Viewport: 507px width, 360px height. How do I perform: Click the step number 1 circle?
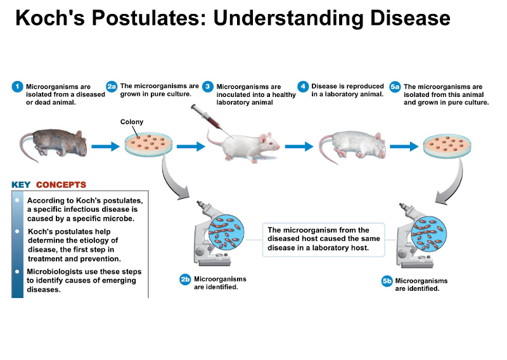click(18, 86)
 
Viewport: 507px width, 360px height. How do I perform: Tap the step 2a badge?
click(112, 86)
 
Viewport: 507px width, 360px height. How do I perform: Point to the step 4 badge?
click(303, 86)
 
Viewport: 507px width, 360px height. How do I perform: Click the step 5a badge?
click(395, 86)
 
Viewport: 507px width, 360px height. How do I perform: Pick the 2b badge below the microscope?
click(185, 280)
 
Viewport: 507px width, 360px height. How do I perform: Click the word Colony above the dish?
click(132, 122)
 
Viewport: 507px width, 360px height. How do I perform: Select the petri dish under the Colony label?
click(148, 145)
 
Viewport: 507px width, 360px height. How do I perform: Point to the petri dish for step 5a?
click(449, 145)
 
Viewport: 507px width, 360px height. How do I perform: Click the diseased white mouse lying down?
click(350, 145)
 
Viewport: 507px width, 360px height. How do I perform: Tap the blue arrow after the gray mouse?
click(105, 146)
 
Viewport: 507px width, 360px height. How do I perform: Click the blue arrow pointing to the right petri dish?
click(403, 146)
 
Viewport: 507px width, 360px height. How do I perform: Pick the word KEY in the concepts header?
click(21, 185)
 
